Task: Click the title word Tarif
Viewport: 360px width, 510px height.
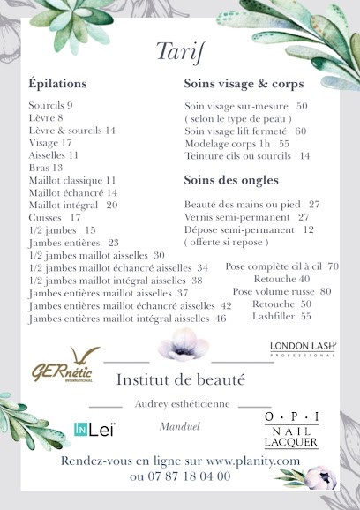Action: [x=181, y=51]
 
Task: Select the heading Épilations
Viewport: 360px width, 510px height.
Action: [x=57, y=84]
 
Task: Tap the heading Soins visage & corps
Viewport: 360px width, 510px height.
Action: [x=244, y=84]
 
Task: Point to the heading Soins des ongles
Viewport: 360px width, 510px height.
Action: [x=231, y=180]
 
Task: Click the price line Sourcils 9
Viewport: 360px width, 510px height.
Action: [x=50, y=105]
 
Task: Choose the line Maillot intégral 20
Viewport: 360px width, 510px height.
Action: [x=73, y=205]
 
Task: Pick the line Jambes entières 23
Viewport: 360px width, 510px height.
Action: [x=74, y=242]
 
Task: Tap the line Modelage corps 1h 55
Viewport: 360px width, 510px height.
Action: [x=236, y=143]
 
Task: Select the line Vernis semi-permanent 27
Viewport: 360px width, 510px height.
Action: [x=246, y=216]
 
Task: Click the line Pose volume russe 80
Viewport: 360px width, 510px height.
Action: [x=282, y=290]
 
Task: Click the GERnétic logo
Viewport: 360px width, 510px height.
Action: [x=64, y=363]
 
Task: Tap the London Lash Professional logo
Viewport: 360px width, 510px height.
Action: [x=303, y=348]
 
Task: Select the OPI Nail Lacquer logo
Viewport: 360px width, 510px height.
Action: [x=292, y=430]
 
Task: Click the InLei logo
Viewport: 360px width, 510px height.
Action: [x=94, y=430]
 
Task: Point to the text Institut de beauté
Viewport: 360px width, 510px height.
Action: [x=181, y=380]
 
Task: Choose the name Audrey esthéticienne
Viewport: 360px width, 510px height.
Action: [x=183, y=403]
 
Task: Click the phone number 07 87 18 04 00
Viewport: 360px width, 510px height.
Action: [x=180, y=476]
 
